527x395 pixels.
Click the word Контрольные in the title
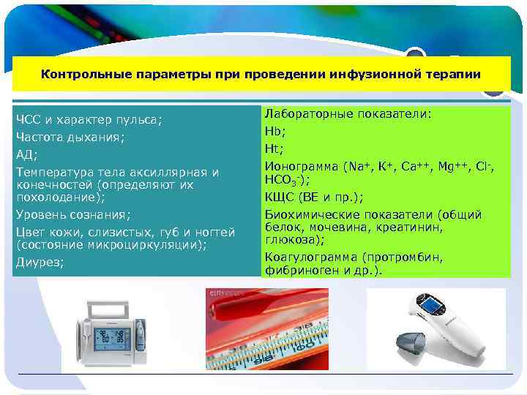click(75, 74)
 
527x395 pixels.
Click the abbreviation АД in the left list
click(24, 154)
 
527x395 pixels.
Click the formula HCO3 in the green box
click(282, 180)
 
